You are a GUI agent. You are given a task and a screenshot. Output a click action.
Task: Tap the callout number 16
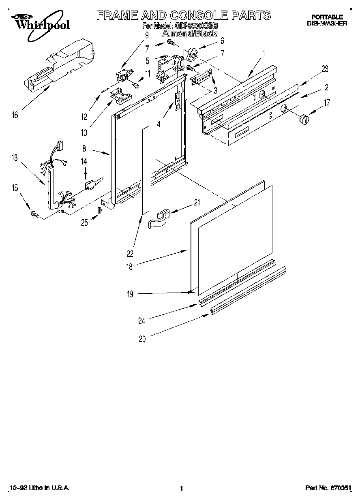point(15,115)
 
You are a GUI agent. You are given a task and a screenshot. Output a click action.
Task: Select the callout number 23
point(325,68)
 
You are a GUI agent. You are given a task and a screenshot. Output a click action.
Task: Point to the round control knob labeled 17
point(304,120)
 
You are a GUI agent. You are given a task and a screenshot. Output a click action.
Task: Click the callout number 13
point(15,158)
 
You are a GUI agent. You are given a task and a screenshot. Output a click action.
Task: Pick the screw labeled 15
point(34,214)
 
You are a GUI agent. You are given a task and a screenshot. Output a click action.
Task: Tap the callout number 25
point(84,222)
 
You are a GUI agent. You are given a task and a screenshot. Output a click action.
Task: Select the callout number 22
point(130,254)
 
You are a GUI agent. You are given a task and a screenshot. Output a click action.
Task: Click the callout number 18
point(129,266)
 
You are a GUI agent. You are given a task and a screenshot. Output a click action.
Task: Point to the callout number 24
point(141,322)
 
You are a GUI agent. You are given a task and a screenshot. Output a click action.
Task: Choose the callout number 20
point(141,340)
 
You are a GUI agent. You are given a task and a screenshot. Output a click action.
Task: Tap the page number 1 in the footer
point(182,489)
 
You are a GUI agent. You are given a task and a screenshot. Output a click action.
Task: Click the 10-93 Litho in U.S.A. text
point(39,489)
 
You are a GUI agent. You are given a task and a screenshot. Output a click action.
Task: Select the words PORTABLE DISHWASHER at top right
point(327,20)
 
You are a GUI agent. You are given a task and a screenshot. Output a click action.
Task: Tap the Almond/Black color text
point(189,34)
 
